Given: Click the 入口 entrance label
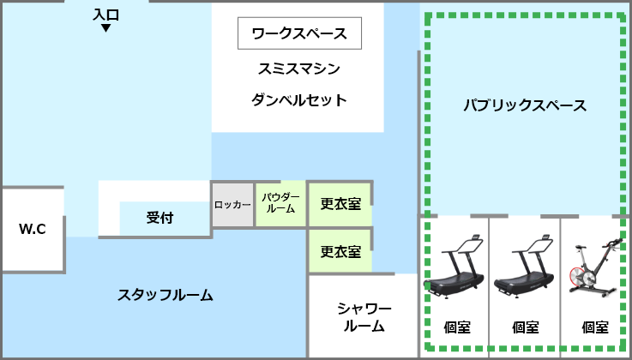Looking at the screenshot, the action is click(x=106, y=15).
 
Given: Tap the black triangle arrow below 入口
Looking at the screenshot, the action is click(x=106, y=27).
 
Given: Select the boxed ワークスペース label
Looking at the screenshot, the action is click(x=299, y=33).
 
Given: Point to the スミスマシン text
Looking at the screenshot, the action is click(x=299, y=69).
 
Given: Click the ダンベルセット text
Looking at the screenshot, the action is click(x=299, y=100).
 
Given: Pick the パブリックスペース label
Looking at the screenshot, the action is click(x=525, y=105).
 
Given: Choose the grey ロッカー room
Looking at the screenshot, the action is click(x=232, y=205).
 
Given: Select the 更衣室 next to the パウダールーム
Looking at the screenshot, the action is click(x=340, y=204).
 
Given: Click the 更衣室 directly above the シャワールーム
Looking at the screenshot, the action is click(x=340, y=251).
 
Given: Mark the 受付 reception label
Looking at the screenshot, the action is click(x=160, y=218).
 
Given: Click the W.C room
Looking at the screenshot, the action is click(x=33, y=230).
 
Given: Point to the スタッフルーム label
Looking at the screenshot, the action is click(x=166, y=295).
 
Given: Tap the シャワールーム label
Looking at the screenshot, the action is click(x=364, y=317).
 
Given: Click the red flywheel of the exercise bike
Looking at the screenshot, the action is click(x=577, y=276).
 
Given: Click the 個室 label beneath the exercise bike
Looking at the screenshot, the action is click(x=595, y=327).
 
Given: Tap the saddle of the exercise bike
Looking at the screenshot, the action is click(x=581, y=247).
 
